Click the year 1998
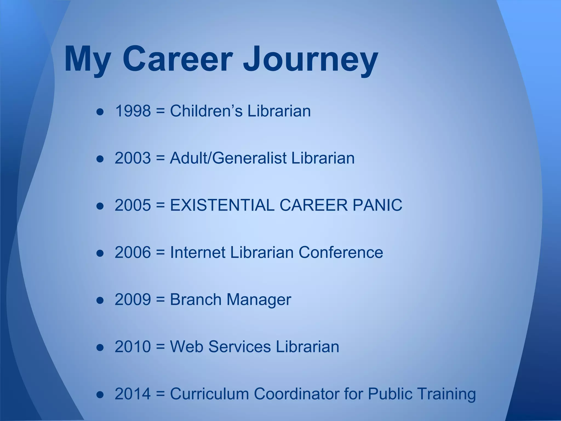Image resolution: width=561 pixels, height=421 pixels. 133,111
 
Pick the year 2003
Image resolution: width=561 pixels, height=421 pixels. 133,158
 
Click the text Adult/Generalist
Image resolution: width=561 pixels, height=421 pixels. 228,158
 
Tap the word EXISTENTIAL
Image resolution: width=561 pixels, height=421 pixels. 222,205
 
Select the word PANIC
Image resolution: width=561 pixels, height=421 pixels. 377,205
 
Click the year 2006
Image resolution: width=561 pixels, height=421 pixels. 133,252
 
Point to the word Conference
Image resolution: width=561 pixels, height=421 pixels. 340,252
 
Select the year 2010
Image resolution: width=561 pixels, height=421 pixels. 133,346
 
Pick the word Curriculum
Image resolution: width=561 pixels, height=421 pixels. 209,394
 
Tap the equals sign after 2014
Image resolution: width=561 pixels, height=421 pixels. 161,394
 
